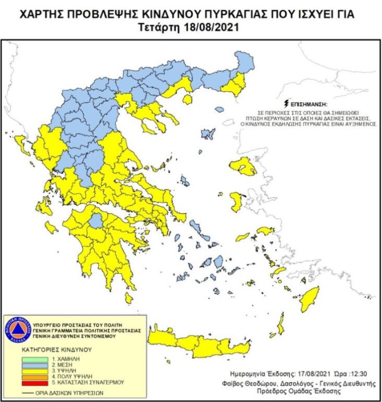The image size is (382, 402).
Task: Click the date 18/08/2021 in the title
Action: pyautogui.click(x=210, y=28)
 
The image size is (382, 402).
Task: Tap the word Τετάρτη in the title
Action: pyautogui.click(x=161, y=28)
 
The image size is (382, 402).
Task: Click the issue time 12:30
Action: pyautogui.click(x=350, y=373)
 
